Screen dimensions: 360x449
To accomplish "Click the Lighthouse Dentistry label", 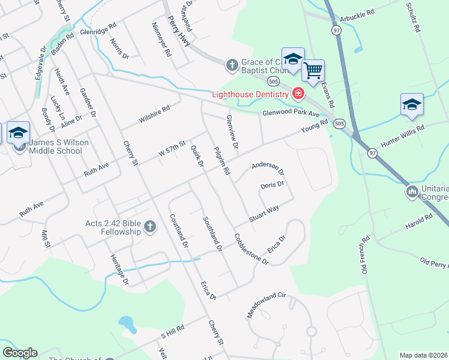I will pyautogui.click(x=250, y=94).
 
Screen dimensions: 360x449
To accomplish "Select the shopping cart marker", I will pyautogui.click(x=313, y=71).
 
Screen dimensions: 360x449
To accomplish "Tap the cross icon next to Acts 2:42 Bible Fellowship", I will pyautogui.click(x=150, y=227).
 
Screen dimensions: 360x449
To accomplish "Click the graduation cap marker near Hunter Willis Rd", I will pyautogui.click(x=412, y=104).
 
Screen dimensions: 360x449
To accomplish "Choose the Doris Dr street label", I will pyautogui.click(x=272, y=185).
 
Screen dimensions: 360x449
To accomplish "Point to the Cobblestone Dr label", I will pyautogui.click(x=251, y=248).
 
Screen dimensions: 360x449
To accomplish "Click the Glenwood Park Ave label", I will pyautogui.click(x=291, y=113).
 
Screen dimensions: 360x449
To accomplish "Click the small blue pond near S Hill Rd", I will pyautogui.click(x=127, y=324).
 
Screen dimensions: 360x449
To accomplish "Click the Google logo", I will pyautogui.click(x=20, y=353).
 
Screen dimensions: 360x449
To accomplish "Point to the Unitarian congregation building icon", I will pyautogui.click(x=412, y=192).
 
